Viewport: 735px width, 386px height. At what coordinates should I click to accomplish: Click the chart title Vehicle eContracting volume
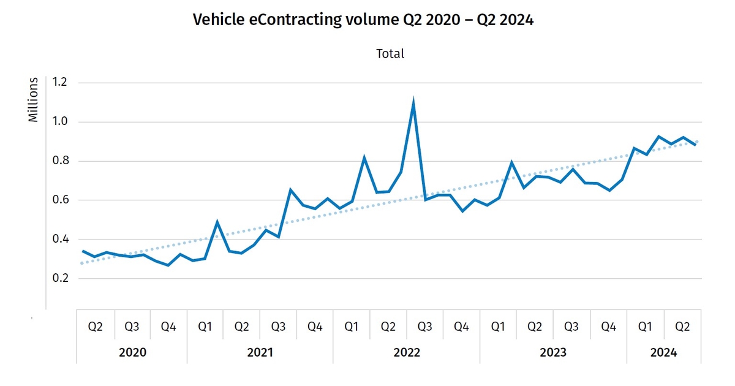(x=363, y=20)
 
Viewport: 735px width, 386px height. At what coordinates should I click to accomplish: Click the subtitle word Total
(x=390, y=54)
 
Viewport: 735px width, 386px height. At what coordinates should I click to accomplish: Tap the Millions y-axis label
(x=34, y=100)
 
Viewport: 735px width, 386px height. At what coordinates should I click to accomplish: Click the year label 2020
(x=132, y=353)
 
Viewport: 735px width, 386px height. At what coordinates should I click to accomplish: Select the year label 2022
(x=407, y=353)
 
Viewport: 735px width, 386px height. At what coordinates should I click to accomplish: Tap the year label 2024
(x=664, y=353)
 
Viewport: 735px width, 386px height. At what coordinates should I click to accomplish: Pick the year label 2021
(x=260, y=353)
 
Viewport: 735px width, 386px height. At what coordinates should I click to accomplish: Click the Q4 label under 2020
(x=168, y=327)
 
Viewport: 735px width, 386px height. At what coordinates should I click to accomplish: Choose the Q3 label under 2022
(x=425, y=327)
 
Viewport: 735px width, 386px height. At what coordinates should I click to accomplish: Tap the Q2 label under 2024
(x=682, y=327)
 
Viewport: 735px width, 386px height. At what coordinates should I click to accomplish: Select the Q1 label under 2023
(x=499, y=327)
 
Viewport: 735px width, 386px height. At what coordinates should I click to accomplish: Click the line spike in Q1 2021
(x=217, y=222)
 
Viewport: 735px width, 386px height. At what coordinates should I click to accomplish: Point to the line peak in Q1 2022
(x=364, y=158)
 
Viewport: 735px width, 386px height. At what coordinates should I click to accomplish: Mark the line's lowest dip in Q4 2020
(x=168, y=265)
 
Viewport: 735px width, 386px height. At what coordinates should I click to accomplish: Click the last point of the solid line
(x=695, y=145)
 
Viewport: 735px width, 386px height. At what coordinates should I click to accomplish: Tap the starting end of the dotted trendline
(x=82, y=263)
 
